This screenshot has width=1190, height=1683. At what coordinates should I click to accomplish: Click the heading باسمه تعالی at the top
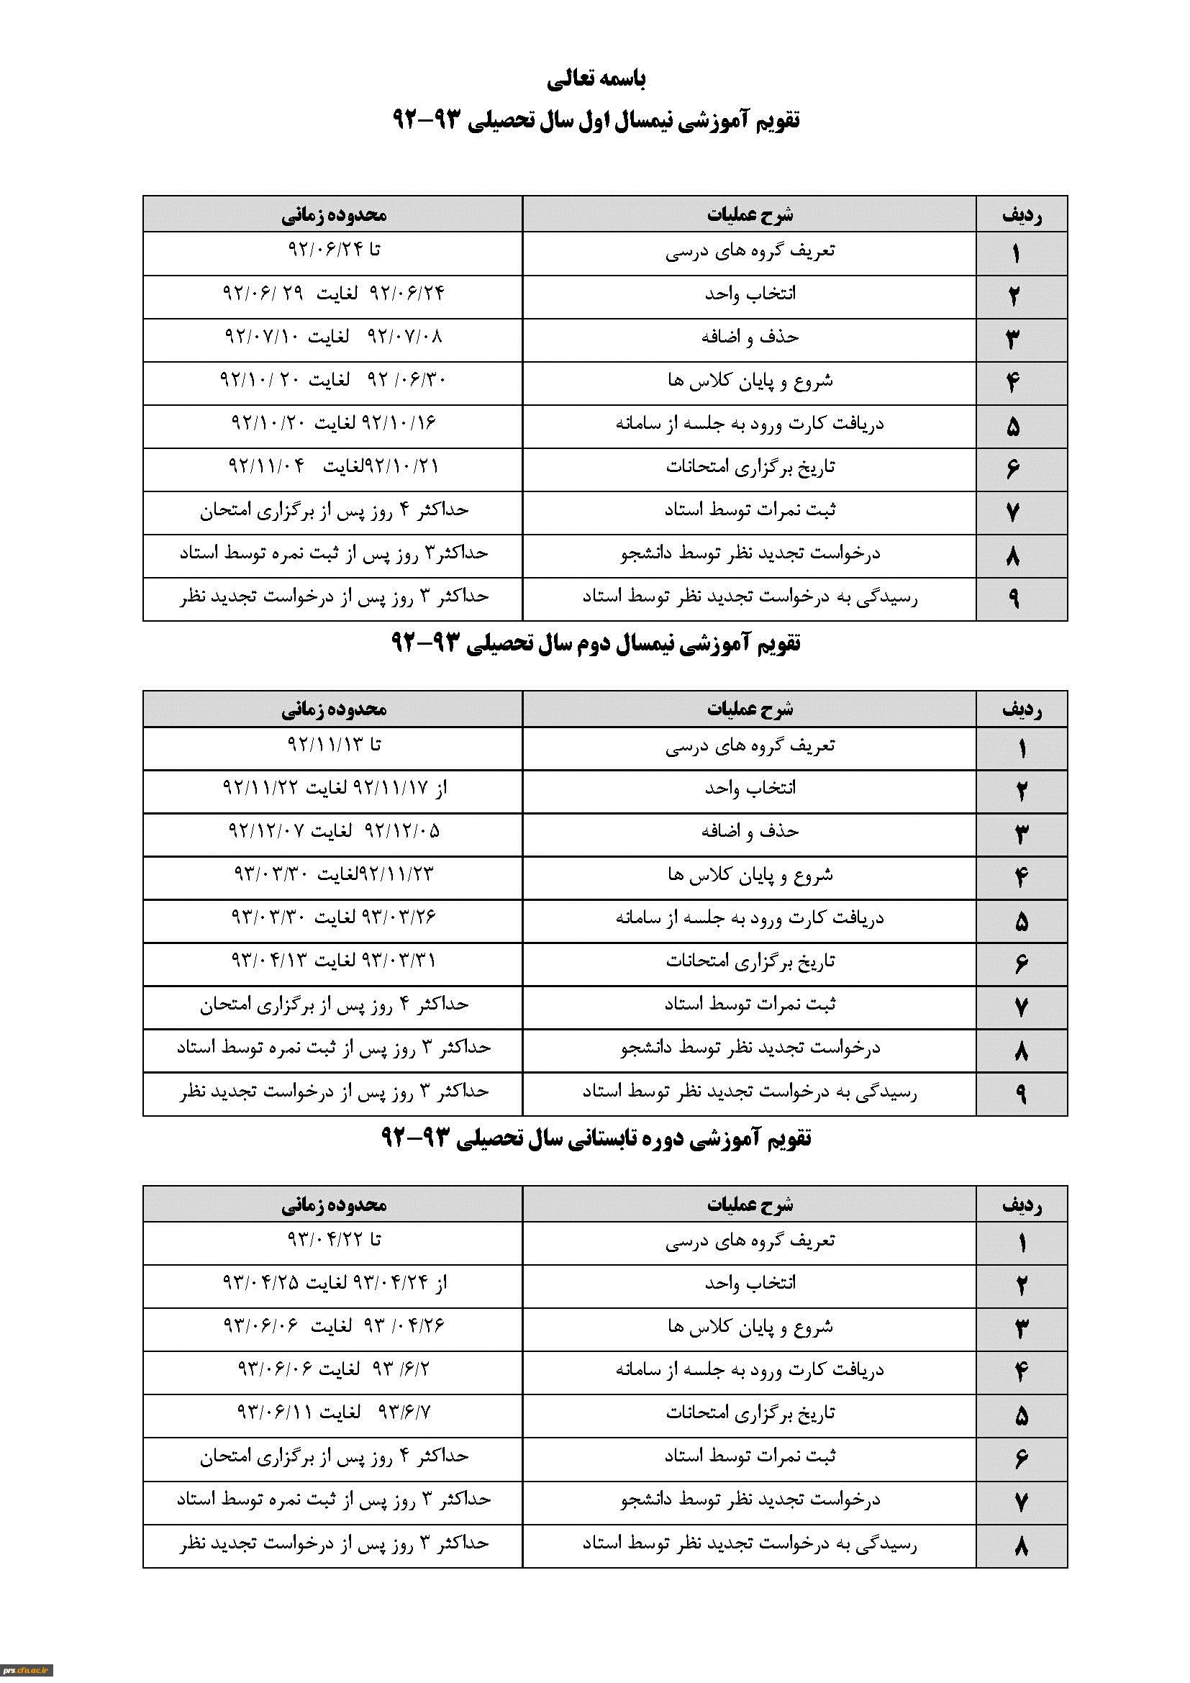point(596,78)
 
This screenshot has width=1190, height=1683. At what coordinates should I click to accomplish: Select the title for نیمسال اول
point(596,119)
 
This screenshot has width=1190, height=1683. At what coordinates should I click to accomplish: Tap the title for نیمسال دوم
point(596,643)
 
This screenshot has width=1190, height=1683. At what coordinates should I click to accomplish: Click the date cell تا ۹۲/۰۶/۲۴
point(333,250)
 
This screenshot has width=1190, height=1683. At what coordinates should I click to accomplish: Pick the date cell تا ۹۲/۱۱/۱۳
point(333,745)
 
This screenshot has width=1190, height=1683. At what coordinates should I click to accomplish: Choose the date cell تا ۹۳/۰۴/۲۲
point(333,1240)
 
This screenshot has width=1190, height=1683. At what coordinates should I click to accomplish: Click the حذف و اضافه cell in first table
point(749,337)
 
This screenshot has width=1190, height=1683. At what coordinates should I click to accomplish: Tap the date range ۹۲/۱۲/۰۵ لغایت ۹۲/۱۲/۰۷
point(333,831)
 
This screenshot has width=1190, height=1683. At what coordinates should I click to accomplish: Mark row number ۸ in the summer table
point(1022,1547)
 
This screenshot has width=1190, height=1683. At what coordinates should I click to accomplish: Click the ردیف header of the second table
point(1022,709)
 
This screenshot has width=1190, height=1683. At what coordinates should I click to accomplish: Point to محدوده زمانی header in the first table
point(333,214)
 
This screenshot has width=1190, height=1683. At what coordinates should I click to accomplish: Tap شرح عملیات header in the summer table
point(749,1204)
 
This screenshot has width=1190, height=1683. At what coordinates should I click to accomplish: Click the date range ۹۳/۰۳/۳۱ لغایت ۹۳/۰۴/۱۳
point(333,961)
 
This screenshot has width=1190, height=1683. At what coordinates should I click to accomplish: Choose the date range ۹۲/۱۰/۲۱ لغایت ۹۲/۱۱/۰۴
point(333,466)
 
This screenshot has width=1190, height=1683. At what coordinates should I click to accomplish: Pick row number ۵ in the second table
point(1022,922)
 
